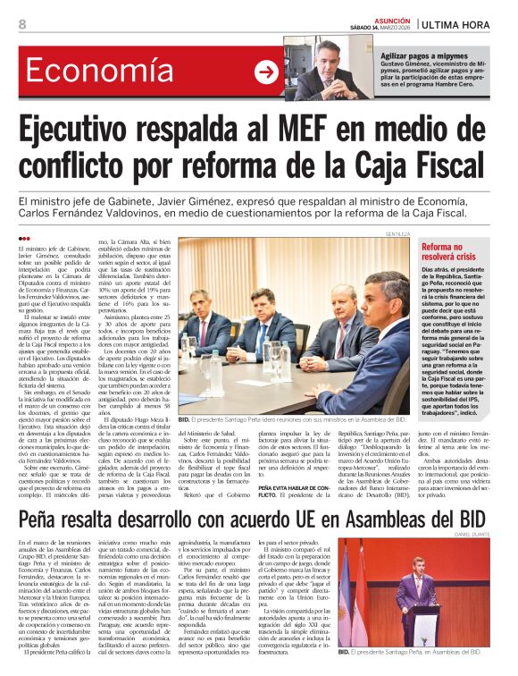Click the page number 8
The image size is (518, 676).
click(x=22, y=23)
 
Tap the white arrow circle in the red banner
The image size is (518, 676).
click(x=266, y=72)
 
